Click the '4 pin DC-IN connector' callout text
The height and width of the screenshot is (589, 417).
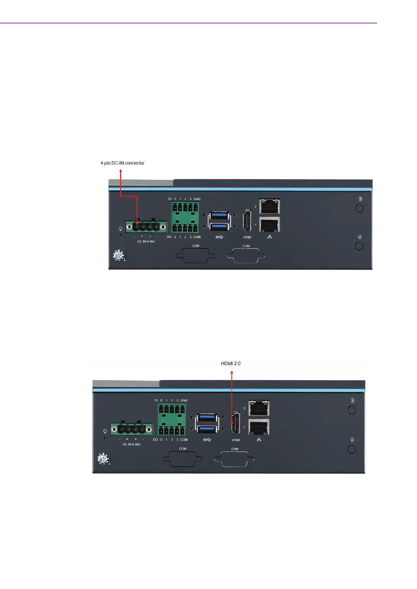click(123, 163)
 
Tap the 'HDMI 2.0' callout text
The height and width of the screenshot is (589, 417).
click(231, 363)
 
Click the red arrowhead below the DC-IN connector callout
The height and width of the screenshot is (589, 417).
click(121, 171)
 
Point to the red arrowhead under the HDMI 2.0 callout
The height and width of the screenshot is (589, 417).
click(232, 372)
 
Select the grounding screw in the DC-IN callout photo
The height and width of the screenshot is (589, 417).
click(119, 256)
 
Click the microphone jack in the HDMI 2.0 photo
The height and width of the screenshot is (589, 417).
click(352, 449)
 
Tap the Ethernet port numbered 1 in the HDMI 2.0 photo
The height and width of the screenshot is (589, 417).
click(259, 427)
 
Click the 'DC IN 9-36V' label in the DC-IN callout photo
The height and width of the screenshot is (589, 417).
click(146, 242)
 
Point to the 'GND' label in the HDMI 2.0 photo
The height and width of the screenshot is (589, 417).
click(184, 400)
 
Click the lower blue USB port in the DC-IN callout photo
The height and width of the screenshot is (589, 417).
click(220, 226)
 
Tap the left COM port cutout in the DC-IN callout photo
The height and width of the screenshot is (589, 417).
click(196, 255)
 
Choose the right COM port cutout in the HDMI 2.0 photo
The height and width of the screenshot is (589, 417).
click(235, 459)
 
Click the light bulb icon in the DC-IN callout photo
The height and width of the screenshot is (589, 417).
click(120, 229)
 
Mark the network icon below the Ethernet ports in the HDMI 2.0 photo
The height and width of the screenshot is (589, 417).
click(259, 440)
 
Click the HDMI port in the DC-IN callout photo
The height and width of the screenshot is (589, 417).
click(247, 221)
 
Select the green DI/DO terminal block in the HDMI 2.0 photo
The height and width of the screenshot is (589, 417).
click(172, 420)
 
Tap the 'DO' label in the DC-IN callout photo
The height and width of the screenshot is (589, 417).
click(169, 237)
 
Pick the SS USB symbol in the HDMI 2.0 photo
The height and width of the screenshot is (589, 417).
click(207, 440)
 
